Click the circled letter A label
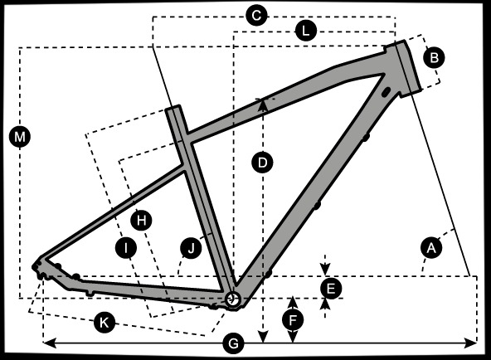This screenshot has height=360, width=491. [x=431, y=248]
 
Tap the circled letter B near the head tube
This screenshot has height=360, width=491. [x=434, y=57]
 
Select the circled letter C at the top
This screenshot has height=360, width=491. [x=256, y=15]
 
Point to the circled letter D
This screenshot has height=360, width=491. [x=262, y=163]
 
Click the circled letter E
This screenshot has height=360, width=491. [x=331, y=289]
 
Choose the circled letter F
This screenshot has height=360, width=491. [x=293, y=320]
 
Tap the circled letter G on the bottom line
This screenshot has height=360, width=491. [x=233, y=343]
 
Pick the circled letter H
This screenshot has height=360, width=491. [x=141, y=221]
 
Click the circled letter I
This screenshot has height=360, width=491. [x=126, y=248]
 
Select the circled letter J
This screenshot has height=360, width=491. [x=191, y=248]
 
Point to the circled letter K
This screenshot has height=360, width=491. [x=105, y=322]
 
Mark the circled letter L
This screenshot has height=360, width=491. [x=305, y=31]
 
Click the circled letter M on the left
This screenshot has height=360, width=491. [x=20, y=137]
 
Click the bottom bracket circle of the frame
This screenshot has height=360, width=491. [x=233, y=299]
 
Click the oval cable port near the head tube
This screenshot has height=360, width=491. [x=386, y=92]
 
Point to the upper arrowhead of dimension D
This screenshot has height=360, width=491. [x=264, y=105]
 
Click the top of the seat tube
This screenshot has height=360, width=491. [x=173, y=107]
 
